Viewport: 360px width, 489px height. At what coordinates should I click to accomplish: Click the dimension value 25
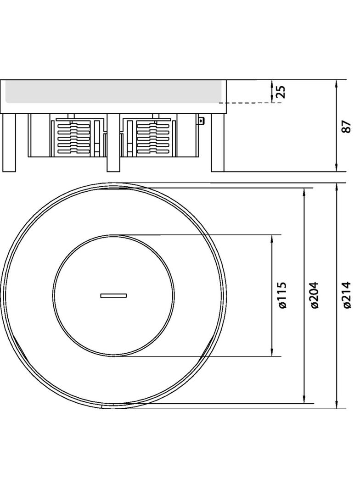click(x=282, y=91)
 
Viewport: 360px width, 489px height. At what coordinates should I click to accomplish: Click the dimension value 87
click(x=346, y=127)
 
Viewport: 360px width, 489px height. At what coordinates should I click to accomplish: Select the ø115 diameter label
click(x=282, y=295)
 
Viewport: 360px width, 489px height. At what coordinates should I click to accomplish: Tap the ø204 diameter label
click(x=314, y=295)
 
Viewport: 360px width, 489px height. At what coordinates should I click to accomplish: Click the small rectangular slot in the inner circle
click(x=113, y=295)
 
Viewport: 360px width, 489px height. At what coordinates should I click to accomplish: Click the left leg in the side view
click(x=9, y=142)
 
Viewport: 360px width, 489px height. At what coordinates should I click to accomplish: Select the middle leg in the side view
click(x=113, y=142)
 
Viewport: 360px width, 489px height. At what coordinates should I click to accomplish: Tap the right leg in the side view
click(x=218, y=142)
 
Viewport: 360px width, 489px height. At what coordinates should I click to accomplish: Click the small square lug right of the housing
click(x=201, y=121)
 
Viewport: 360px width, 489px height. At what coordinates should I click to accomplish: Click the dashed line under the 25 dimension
click(x=253, y=103)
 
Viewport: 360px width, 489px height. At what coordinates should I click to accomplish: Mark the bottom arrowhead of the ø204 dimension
click(x=304, y=400)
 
